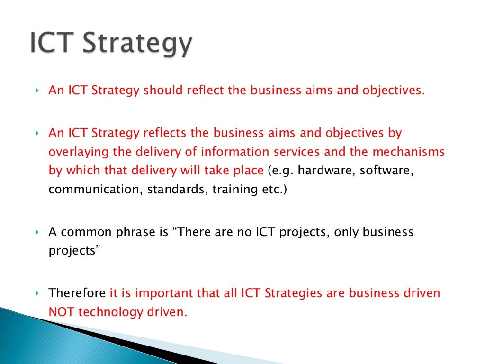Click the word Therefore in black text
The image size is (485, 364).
[x=77, y=293]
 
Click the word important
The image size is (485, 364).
[x=165, y=293]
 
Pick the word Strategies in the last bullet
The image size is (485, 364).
[x=293, y=293]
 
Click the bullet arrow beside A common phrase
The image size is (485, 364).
[x=37, y=233]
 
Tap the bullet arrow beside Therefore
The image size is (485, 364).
[x=37, y=293]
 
